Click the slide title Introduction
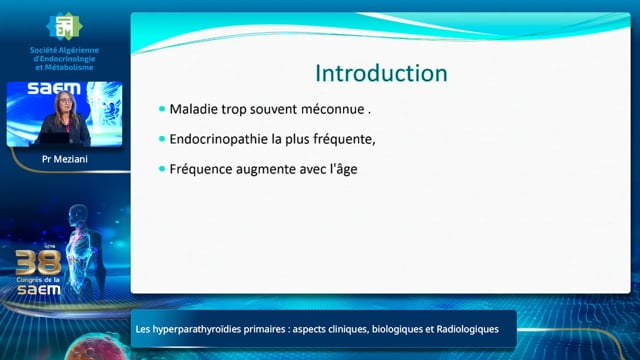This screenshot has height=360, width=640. [381, 73]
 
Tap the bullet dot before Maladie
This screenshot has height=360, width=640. [162, 109]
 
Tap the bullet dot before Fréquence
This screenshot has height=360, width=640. [162, 169]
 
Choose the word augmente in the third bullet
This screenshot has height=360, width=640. [266, 169]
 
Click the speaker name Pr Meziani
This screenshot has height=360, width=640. [64, 159]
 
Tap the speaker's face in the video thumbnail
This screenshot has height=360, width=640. [65, 100]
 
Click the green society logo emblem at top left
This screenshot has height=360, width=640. [64, 26]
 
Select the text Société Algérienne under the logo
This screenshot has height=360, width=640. [64, 50]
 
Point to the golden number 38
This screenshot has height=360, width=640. [38, 263]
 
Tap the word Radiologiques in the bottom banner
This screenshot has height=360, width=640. [467, 329]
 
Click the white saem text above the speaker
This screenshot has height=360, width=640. [54, 88]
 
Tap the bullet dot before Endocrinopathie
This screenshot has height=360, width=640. [162, 139]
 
